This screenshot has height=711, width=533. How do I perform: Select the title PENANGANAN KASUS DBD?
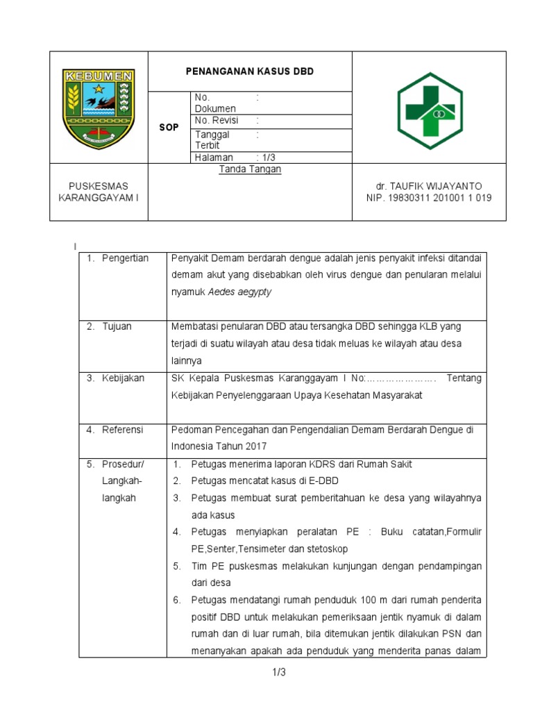[x=250, y=72]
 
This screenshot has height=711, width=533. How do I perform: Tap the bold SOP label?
[x=169, y=128]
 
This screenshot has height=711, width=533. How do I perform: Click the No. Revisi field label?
[x=217, y=120]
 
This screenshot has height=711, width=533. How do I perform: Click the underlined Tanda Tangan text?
[x=250, y=169]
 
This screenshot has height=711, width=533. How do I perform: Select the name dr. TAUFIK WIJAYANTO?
[x=429, y=186]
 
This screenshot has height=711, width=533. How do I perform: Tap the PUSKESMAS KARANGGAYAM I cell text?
[x=99, y=192]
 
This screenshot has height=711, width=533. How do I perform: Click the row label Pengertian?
[x=125, y=258]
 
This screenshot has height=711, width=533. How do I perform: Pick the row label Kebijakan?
[x=124, y=378]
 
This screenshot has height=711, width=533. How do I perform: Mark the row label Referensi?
[x=123, y=430]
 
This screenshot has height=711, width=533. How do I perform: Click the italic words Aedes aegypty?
[x=241, y=292]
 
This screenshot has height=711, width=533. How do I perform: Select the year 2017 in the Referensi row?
[x=255, y=446]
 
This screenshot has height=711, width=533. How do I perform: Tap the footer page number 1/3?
[x=278, y=672]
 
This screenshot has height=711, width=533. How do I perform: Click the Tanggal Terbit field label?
[x=212, y=140]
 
